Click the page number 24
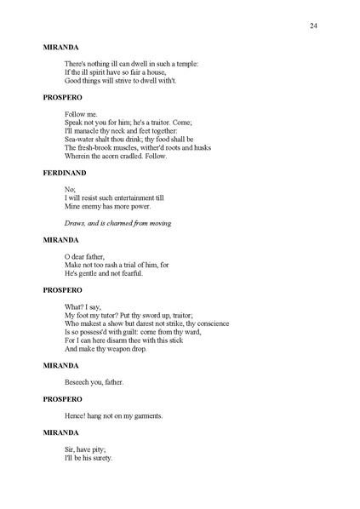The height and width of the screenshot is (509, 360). [314, 26]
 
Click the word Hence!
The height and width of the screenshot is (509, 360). [77, 415]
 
